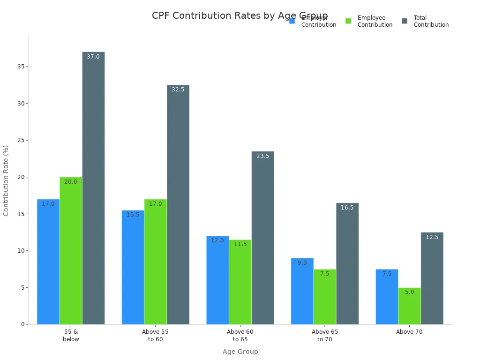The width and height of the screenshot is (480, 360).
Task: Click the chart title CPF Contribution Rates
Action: pyautogui.click(x=240, y=16)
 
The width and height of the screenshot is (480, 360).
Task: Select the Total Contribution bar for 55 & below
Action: pyautogui.click(x=93, y=187)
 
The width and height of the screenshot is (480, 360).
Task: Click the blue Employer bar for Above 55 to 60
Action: pyautogui.click(x=133, y=267)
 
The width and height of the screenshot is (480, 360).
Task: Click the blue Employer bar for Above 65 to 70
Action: pyautogui.click(x=302, y=291)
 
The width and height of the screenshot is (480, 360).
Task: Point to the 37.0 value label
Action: pyautogui.click(x=93, y=57)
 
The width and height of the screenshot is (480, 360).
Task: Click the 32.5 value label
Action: pyautogui.click(x=178, y=90)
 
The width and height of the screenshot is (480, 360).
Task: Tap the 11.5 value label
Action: pyautogui.click(x=240, y=244)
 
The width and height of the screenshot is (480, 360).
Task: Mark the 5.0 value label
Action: pyautogui.click(x=409, y=292)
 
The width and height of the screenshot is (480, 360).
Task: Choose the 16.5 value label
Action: pyautogui.click(x=347, y=208)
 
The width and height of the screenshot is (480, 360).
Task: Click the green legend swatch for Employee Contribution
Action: pyautogui.click(x=348, y=21)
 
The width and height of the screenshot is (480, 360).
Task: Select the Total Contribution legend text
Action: pyautogui.click(x=431, y=21)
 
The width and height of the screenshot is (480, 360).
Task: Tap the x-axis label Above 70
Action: pyautogui.click(x=409, y=332)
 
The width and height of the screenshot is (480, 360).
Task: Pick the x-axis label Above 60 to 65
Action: pyautogui.click(x=240, y=335)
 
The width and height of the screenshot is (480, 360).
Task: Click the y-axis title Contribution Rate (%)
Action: pyautogui.click(x=6, y=180)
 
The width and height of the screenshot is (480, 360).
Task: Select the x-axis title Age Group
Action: pyautogui.click(x=240, y=352)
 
